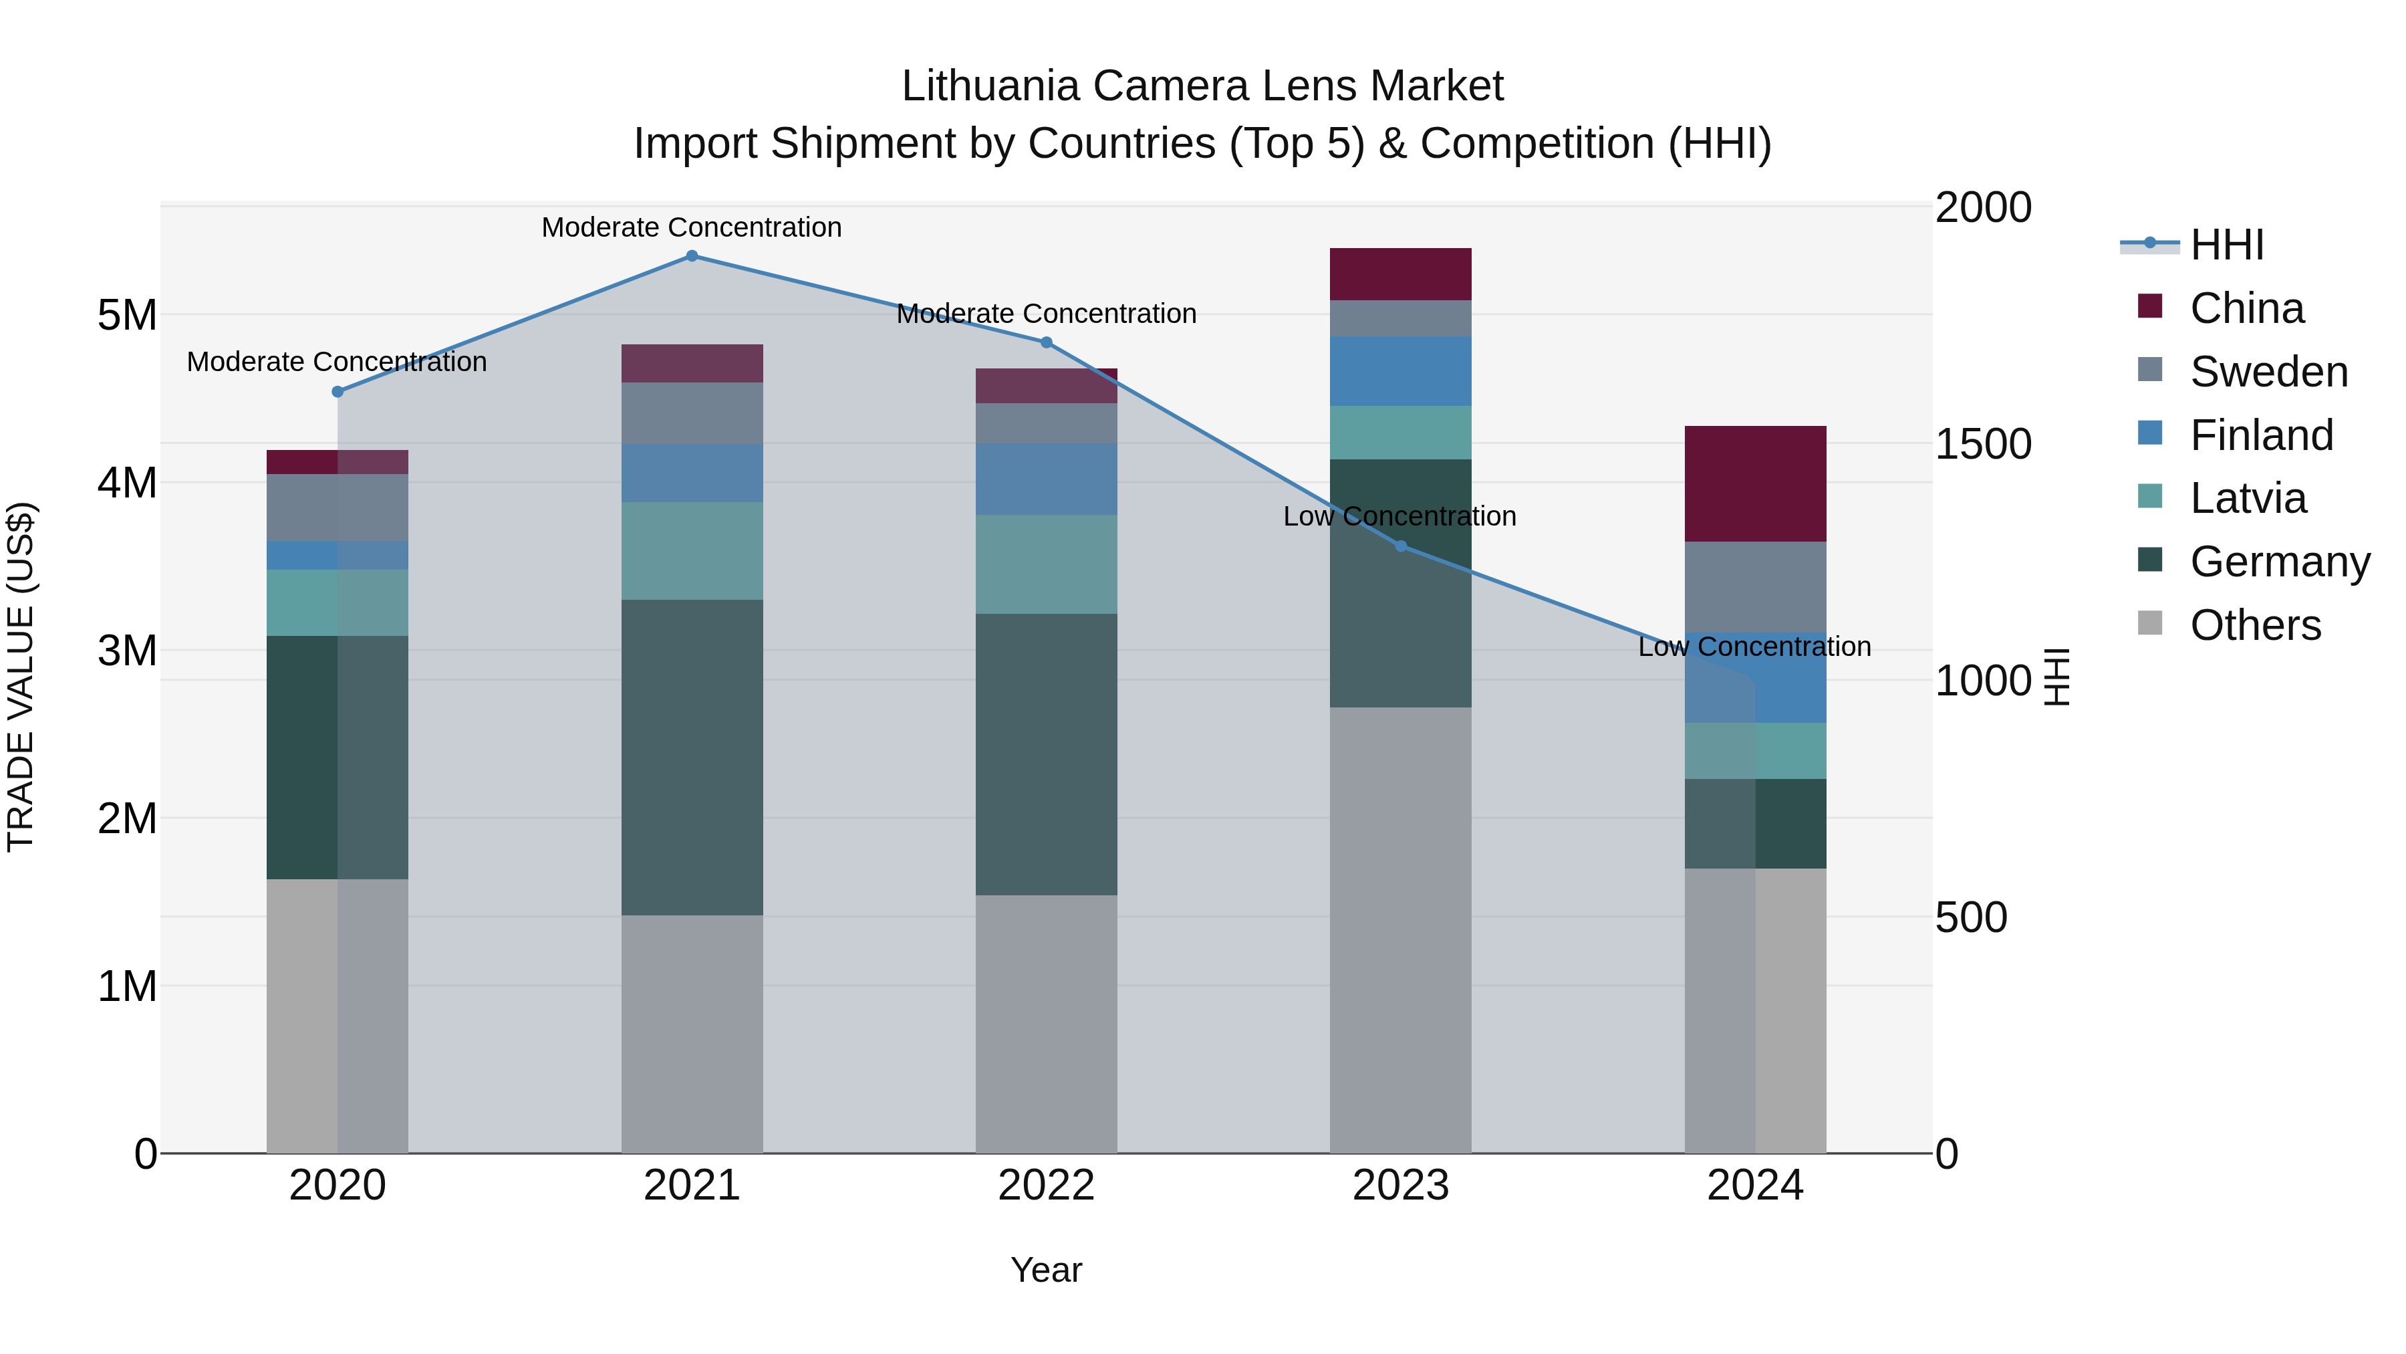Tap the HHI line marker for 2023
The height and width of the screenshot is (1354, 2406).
(1400, 546)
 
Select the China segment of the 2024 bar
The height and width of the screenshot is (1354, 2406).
(1755, 483)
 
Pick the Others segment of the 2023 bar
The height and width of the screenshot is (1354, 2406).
(1400, 930)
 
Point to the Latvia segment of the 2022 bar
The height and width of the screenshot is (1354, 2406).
(1046, 564)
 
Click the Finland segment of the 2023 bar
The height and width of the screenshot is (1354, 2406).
(1400, 371)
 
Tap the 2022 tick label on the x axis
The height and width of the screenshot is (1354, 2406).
(1046, 1186)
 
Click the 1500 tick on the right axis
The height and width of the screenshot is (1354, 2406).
(1983, 444)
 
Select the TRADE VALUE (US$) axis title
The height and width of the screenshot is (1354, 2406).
(21, 677)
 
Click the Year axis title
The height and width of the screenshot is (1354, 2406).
(1046, 1270)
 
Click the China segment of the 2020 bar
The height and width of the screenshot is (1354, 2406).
(338, 461)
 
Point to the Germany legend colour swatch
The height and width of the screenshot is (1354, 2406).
(2149, 561)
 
